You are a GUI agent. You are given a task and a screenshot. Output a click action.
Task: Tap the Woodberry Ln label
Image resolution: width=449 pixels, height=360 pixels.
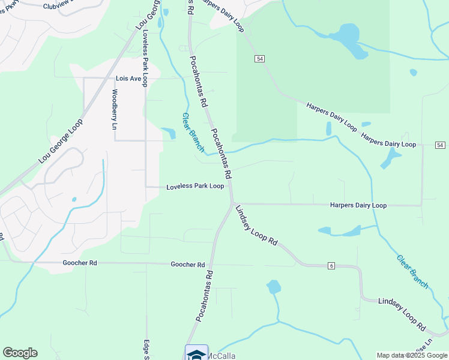pyautogui.click(x=114, y=109)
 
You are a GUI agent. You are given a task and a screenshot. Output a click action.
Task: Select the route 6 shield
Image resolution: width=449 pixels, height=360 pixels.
pyautogui.click(x=331, y=266)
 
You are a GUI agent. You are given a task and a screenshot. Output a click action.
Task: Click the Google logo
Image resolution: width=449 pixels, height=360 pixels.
pyautogui.click(x=20, y=353)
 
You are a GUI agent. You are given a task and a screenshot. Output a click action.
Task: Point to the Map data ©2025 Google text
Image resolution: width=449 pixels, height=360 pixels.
pyautogui.click(x=412, y=355)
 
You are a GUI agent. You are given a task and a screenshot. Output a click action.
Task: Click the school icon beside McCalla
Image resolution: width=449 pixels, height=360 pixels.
pyautogui.click(x=196, y=353)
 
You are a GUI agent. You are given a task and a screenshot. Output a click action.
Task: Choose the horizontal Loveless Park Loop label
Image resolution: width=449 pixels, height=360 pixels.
pyautogui.click(x=195, y=186)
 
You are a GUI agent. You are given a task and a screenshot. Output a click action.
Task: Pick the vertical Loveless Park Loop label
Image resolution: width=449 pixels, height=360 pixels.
pyautogui.click(x=145, y=57)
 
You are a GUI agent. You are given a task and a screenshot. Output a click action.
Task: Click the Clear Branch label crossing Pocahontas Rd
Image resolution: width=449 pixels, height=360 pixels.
pyautogui.click(x=193, y=132)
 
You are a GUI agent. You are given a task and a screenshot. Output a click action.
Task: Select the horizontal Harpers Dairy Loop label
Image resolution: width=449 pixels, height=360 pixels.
pyautogui.click(x=358, y=205)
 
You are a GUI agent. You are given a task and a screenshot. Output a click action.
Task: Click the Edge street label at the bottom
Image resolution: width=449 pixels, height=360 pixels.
pyautogui.click(x=146, y=350)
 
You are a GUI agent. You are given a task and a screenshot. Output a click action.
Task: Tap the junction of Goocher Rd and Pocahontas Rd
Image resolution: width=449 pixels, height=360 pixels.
pyautogui.click(x=213, y=264)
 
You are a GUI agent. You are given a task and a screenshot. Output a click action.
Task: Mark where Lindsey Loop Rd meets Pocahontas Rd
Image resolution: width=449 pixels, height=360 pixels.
pyautogui.click(x=232, y=203)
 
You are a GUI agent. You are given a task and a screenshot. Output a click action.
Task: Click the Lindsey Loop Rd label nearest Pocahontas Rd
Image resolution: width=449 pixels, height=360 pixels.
pyautogui.click(x=256, y=225)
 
